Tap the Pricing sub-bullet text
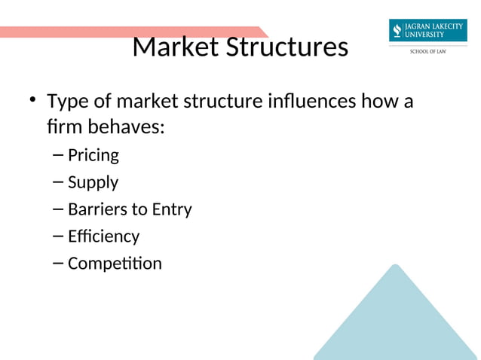93,156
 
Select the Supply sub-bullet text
93,183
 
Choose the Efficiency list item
103,236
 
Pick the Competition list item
115,264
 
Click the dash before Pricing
59,156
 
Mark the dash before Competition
59,264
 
